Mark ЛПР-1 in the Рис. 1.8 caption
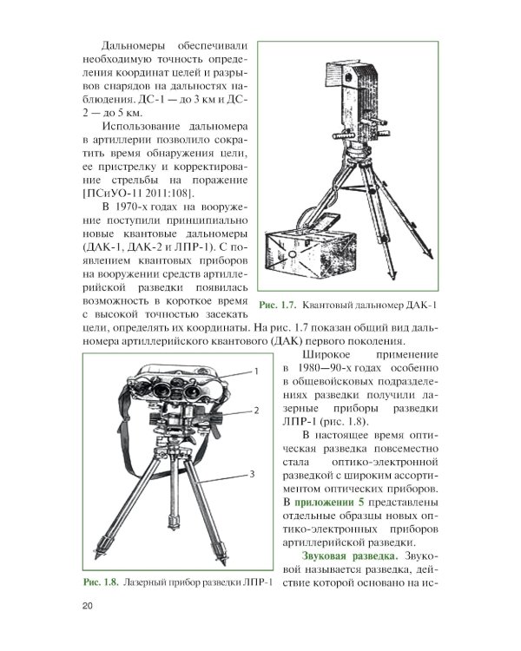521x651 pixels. click(253, 581)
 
